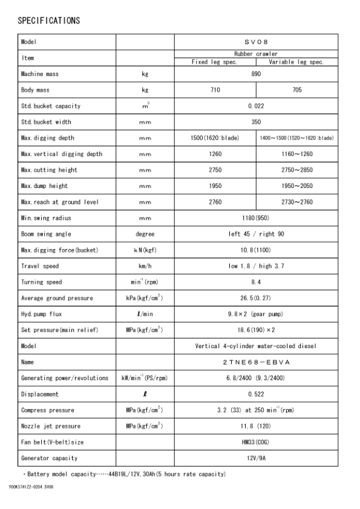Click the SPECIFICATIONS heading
[x=48, y=21]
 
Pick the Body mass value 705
[x=296, y=90]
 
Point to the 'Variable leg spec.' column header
[x=296, y=62]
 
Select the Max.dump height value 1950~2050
[x=296, y=186]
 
